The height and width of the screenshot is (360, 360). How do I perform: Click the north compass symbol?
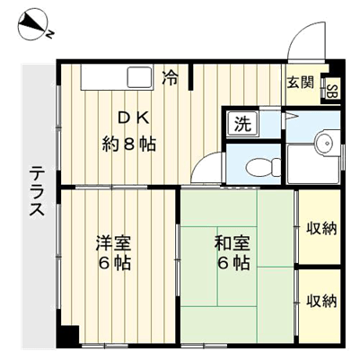pos(34,25)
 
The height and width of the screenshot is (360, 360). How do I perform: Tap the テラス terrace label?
pos(37,190)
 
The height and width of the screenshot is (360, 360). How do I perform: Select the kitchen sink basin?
pos(139,77)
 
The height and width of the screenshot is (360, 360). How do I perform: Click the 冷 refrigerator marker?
pos(171,78)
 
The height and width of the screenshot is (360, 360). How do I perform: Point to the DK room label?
pos(133,119)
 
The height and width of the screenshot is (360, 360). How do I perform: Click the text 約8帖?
pos(129,145)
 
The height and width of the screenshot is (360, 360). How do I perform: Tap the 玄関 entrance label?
pos(301,83)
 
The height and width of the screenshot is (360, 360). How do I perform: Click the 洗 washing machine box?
pos(242,123)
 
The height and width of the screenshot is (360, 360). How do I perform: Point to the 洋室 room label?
pos(113,243)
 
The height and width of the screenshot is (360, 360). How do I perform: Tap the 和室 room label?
pos(232,243)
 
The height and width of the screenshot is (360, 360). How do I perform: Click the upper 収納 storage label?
pos(321,229)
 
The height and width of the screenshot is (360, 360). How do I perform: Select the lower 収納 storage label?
pos(321,301)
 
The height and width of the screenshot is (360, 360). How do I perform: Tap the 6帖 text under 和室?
pos(233,263)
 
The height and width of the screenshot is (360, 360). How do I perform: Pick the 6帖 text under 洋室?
pos(115,263)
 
